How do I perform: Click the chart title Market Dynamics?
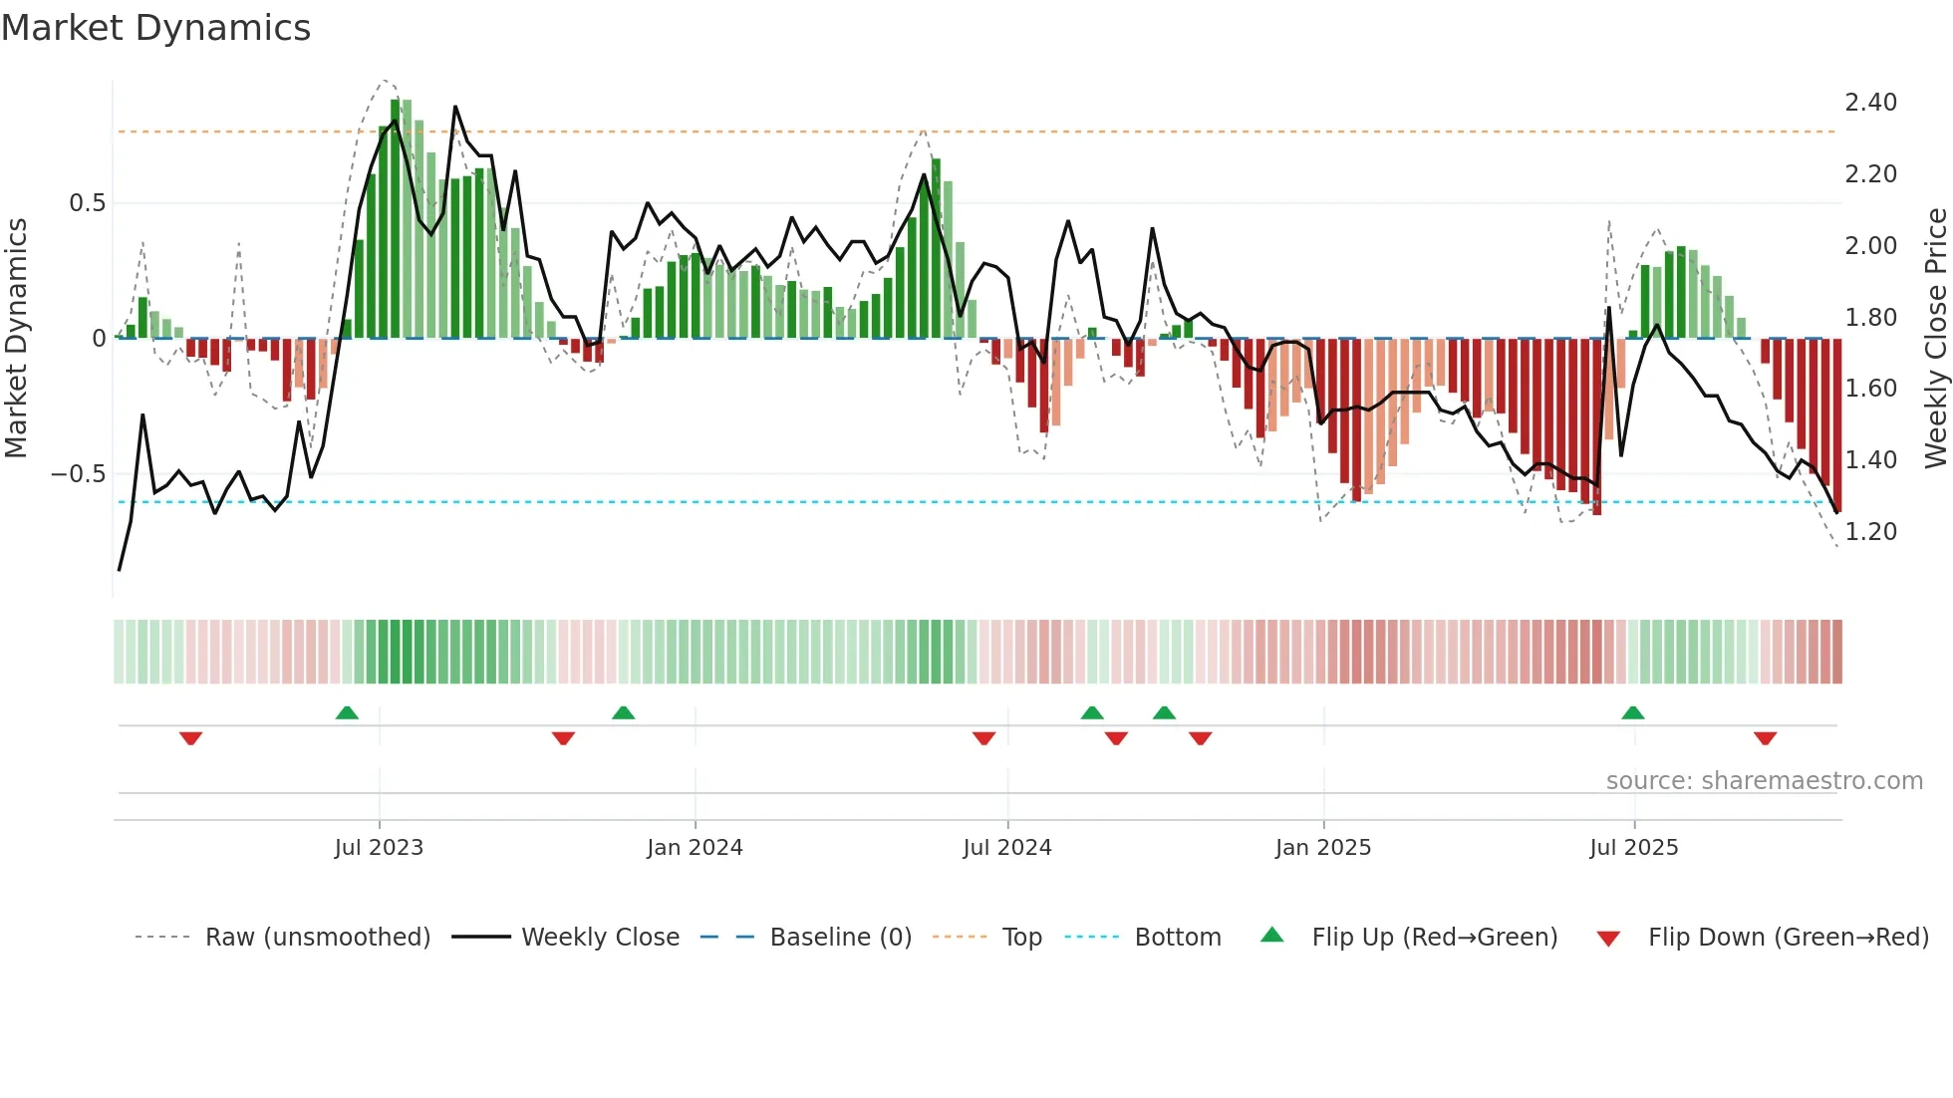pos(155,28)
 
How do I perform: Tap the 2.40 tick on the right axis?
pos(1870,103)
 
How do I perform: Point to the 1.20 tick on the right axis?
pos(1870,532)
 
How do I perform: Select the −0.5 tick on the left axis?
pos(78,474)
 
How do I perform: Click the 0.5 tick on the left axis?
pos(87,203)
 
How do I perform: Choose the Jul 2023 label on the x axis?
pos(379,848)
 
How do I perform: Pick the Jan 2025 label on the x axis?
pos(1323,848)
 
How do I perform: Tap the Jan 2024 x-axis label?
pos(695,848)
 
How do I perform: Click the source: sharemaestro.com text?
pos(1764,781)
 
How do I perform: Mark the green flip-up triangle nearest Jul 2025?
pos(1632,713)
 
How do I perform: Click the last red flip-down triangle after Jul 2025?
pos(1765,738)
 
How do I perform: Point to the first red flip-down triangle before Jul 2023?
pos(190,738)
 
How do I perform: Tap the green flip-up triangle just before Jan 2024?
pos(623,713)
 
